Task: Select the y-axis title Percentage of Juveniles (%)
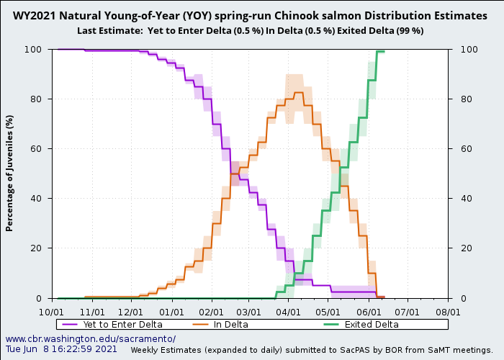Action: (x=10, y=173)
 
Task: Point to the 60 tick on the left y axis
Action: (x=40, y=149)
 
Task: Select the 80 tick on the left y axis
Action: (x=40, y=99)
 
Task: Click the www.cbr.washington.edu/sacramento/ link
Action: (x=91, y=338)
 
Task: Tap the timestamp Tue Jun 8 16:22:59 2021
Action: (x=61, y=349)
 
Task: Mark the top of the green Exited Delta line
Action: (x=380, y=51)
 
